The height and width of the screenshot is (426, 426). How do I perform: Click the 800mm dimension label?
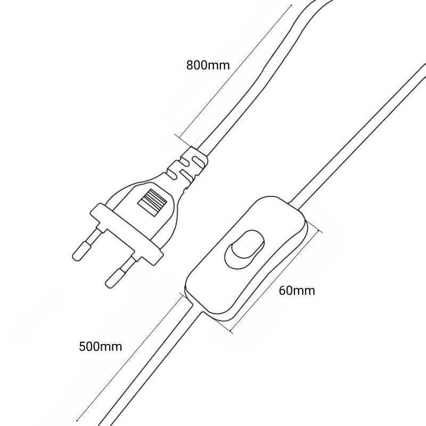pyautogui.click(x=208, y=65)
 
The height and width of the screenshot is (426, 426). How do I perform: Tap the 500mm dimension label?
pyautogui.click(x=101, y=347)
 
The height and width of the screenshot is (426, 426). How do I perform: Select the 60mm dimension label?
pyautogui.click(x=297, y=291)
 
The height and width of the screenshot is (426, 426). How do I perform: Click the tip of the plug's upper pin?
pyautogui.click(x=76, y=257)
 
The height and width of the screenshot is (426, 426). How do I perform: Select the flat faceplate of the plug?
pyautogui.click(x=127, y=234)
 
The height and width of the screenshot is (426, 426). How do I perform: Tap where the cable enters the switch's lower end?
pyautogui.click(x=197, y=309)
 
